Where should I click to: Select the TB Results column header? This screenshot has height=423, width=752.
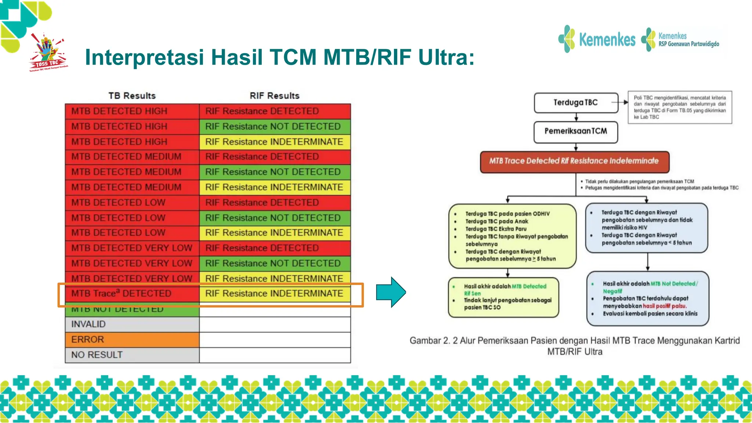pos(132,96)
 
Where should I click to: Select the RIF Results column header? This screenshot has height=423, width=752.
pos(275,96)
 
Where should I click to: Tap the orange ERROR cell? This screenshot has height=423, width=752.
pos(132,340)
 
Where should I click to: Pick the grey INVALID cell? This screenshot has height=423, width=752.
pos(132,324)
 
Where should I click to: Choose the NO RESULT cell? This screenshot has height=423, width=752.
pos(132,355)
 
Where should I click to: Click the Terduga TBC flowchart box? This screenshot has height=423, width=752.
pos(575,103)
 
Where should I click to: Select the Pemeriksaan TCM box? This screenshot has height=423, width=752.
pos(575,131)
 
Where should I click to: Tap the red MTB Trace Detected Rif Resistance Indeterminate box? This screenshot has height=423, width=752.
pos(574,161)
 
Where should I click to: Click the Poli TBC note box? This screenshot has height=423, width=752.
pos(680,107)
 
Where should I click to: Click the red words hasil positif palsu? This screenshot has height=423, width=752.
pos(664,306)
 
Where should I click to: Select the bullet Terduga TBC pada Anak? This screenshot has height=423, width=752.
pos(496,221)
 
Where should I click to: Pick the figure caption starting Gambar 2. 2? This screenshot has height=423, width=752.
pos(575,346)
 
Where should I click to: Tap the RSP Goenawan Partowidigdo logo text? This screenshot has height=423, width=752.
pos(688,44)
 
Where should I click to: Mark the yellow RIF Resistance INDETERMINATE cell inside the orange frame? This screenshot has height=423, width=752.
pos(274,293)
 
